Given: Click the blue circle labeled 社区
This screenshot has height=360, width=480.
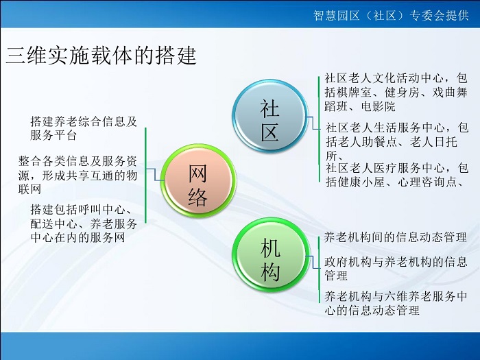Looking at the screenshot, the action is (x=269, y=116).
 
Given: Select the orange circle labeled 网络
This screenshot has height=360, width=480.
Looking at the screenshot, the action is (x=197, y=180).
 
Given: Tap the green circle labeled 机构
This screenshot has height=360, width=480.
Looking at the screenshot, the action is (x=269, y=254).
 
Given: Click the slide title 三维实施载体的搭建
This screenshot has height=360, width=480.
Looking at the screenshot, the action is (x=101, y=56).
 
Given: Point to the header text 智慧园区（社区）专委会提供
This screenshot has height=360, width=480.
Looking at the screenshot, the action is (x=391, y=15).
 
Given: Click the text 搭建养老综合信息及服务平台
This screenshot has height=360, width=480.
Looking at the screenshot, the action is (x=84, y=128).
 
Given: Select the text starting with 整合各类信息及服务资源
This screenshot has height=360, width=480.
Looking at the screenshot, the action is (x=77, y=175).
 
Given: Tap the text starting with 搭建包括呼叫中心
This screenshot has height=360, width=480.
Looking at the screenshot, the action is (x=84, y=224).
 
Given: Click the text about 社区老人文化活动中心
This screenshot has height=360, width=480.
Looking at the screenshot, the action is (x=396, y=92).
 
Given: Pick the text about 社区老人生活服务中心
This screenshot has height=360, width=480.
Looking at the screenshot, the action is (x=397, y=141).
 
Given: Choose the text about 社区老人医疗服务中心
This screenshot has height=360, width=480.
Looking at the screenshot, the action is (x=397, y=175).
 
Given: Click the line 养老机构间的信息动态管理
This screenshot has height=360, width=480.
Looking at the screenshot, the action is (x=395, y=237).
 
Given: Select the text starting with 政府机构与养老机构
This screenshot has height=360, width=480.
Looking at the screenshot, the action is (x=396, y=269).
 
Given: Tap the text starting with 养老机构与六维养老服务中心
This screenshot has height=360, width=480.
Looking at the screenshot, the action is (x=396, y=303).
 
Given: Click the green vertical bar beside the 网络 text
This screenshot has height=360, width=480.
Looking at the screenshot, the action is (x=145, y=176).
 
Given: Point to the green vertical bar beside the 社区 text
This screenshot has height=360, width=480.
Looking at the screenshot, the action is (x=319, y=129).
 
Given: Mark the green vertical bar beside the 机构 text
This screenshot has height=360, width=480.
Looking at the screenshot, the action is (x=319, y=269).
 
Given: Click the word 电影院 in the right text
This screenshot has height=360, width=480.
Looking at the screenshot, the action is (x=378, y=106).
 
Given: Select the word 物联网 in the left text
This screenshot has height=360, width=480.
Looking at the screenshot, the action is (x=77, y=182).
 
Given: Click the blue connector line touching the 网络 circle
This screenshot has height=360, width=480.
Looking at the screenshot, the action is (x=154, y=174).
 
